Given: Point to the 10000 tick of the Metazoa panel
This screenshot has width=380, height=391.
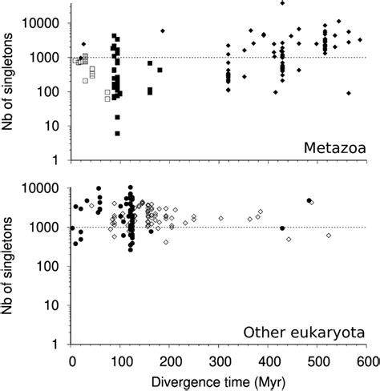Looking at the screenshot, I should (x=49, y=23).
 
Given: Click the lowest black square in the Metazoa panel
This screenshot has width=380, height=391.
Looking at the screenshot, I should (x=118, y=133).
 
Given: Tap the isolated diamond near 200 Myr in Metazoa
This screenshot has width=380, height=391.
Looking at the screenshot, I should (x=163, y=30).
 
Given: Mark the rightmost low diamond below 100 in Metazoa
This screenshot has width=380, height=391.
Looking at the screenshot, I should (x=349, y=93).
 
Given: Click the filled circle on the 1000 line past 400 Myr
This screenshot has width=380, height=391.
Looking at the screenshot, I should (x=282, y=228).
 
